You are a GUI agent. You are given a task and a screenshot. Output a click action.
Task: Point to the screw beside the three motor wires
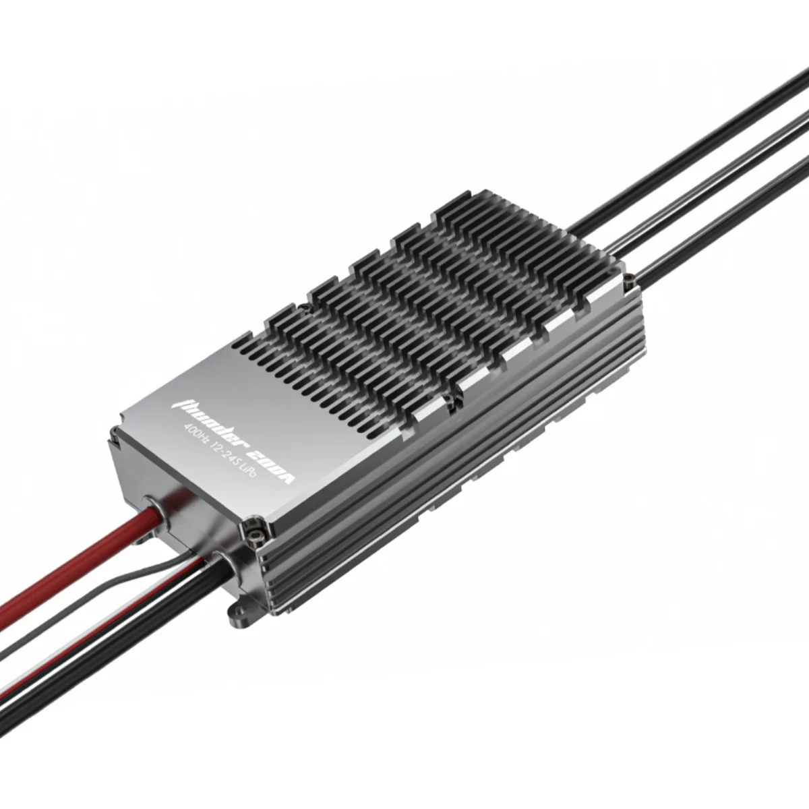(x=628, y=276)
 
